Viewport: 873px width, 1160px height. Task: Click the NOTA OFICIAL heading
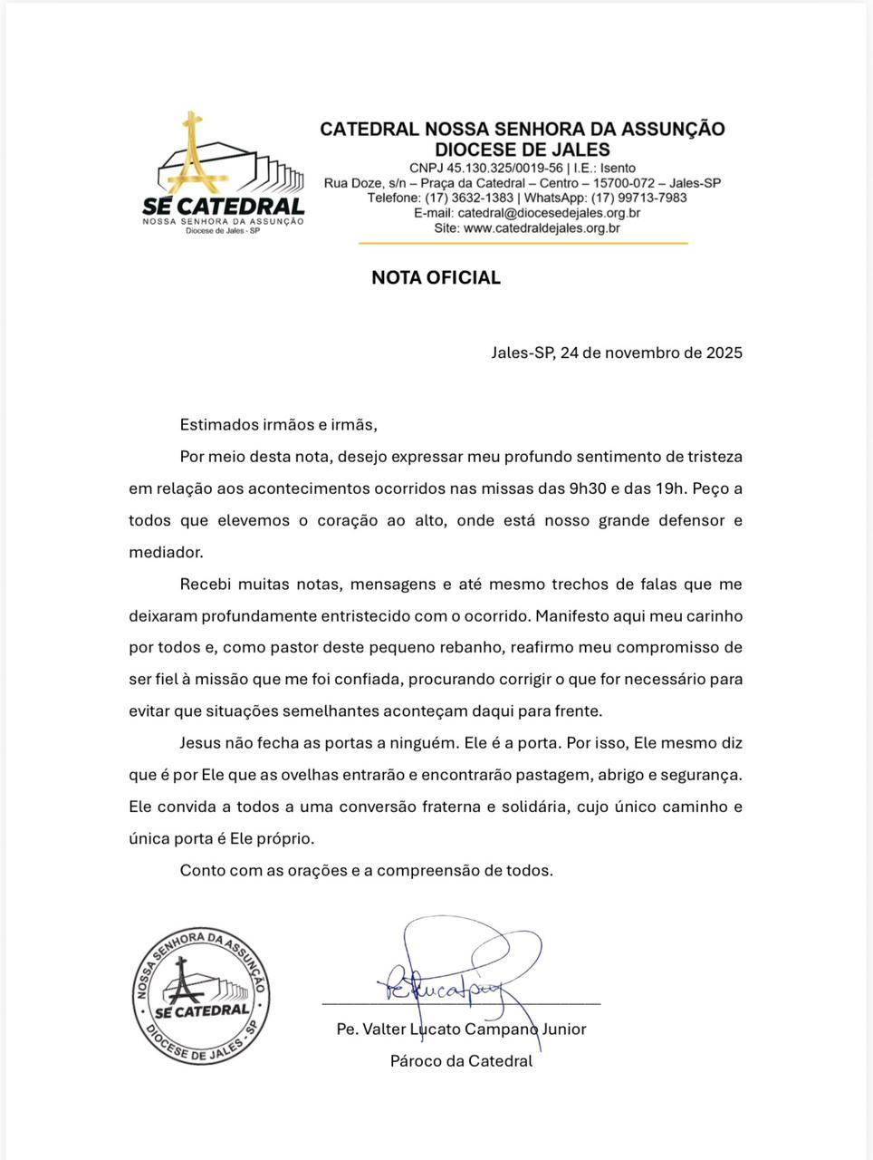tap(436, 278)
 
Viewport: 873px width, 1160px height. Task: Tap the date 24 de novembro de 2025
tap(651, 353)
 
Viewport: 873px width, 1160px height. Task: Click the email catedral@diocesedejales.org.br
tap(549, 213)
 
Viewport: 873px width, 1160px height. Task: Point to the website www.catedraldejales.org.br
tap(542, 228)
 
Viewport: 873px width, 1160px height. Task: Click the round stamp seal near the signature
tap(201, 996)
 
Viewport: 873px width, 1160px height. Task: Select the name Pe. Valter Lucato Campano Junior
tap(461, 1029)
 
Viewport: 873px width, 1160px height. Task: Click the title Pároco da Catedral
tap(461, 1061)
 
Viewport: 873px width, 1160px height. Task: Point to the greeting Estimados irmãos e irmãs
tap(278, 424)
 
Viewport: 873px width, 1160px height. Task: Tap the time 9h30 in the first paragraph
tap(588, 488)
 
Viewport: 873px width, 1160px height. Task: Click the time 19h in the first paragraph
tap(670, 488)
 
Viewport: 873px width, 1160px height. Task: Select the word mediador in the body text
tap(166, 552)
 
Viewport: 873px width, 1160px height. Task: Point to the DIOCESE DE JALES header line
tap(523, 150)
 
